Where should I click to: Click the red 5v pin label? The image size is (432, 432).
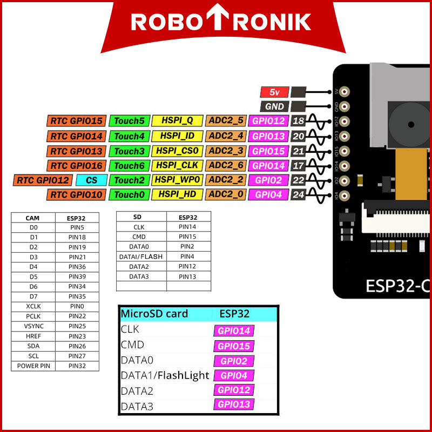275,92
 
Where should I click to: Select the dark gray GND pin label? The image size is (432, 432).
275,106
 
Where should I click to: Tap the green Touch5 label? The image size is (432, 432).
129,121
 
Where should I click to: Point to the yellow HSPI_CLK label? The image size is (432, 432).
177,165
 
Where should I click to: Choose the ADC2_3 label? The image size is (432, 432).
226,151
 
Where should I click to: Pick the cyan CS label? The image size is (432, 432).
91,180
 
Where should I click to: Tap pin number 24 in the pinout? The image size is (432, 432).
299,194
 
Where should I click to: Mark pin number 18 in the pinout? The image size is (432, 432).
299,121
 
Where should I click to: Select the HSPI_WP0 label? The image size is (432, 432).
177,180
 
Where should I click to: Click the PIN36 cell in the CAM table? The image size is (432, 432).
77,267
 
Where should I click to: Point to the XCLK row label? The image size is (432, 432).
32,306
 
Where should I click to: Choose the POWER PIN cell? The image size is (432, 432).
32,366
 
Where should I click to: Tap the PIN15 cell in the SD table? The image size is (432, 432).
187,237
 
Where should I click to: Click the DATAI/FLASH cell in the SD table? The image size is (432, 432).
140,256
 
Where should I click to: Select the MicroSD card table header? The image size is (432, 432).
154,314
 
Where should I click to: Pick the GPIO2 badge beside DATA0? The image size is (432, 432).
234,361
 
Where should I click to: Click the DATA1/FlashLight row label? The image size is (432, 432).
165,375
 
